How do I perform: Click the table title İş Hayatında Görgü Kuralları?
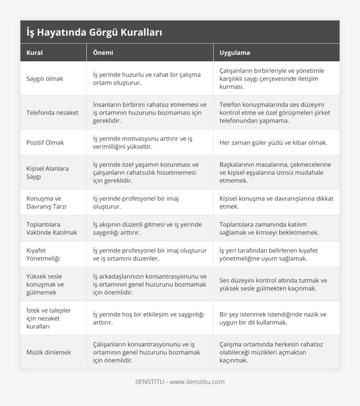(x=94, y=32)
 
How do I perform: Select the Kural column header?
(x=34, y=53)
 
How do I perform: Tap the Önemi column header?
(x=103, y=53)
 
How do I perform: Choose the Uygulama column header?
(x=235, y=53)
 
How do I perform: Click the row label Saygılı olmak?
(x=45, y=79)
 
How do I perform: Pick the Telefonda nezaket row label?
(x=52, y=113)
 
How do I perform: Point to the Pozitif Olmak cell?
(x=45, y=143)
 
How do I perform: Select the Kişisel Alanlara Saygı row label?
(x=47, y=173)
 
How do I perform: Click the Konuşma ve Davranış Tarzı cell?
(x=46, y=203)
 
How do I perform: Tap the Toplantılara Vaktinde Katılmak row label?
(x=52, y=229)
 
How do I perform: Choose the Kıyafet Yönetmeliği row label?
(x=43, y=254)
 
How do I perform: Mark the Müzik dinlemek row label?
(x=49, y=352)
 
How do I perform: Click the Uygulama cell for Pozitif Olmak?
(x=273, y=143)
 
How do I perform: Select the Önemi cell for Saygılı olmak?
(x=147, y=79)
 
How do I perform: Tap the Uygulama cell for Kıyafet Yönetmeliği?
(x=268, y=254)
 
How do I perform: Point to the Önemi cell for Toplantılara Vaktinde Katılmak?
(x=147, y=229)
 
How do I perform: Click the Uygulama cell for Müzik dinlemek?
(x=271, y=352)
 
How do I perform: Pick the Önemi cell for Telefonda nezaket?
(x=150, y=113)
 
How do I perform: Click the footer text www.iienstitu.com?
(x=197, y=382)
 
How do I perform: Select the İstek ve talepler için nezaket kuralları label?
(x=49, y=319)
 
